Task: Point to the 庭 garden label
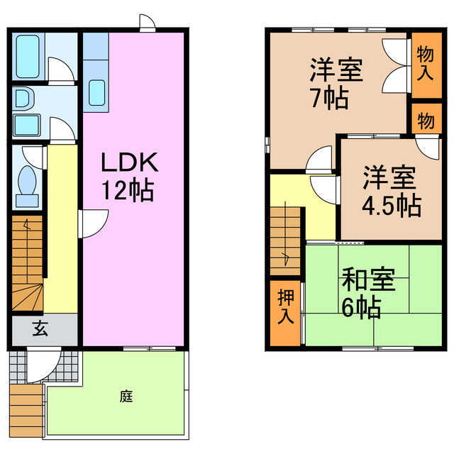[126, 397]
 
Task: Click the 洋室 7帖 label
[336, 84]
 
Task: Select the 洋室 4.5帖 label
[390, 190]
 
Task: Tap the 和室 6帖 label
[367, 293]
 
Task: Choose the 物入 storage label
[425, 62]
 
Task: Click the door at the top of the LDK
[148, 23]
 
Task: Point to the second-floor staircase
[286, 238]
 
